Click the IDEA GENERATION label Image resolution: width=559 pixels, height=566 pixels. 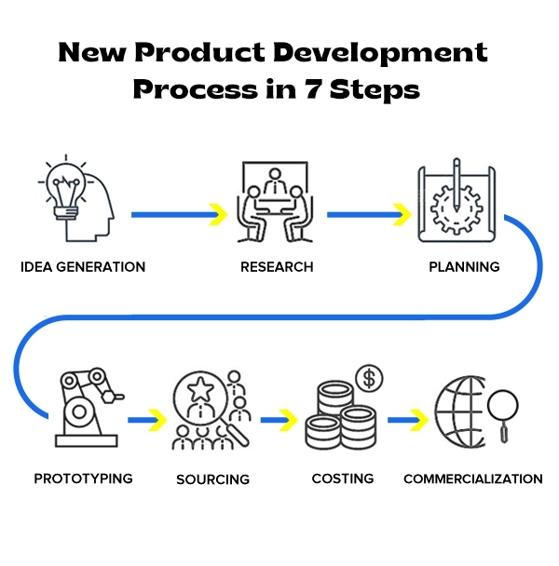(83, 267)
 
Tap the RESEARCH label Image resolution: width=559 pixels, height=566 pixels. (277, 267)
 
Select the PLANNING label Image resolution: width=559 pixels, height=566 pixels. (464, 267)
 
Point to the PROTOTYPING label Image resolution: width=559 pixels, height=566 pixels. (83, 478)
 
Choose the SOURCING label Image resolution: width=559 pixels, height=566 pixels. (212, 479)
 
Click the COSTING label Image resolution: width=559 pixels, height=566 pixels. (343, 478)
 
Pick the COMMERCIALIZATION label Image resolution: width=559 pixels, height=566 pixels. (473, 479)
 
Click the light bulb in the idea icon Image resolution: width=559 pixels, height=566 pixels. (66, 188)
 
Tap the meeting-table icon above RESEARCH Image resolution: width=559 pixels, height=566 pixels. (275, 202)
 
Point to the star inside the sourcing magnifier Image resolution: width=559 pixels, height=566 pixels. (200, 389)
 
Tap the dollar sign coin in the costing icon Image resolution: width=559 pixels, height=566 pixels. (369, 378)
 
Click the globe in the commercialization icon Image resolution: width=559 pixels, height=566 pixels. (459, 412)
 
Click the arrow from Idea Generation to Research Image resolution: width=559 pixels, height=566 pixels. (180, 215)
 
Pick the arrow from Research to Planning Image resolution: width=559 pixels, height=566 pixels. (369, 215)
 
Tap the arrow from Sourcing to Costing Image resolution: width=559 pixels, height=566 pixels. (279, 420)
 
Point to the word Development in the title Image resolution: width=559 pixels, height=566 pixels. (380, 53)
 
